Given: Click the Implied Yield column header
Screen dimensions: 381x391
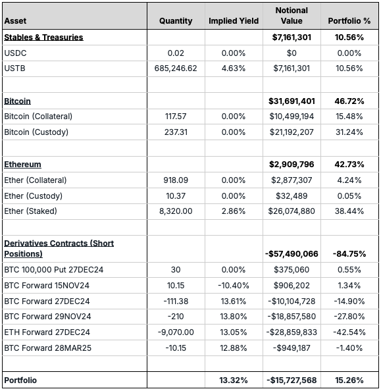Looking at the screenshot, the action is click(234, 21).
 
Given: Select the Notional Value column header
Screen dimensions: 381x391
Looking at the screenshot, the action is click(292, 15).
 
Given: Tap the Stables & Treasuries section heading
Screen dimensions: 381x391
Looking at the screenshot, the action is click(43, 38).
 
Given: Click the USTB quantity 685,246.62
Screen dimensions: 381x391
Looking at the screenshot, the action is click(176, 68).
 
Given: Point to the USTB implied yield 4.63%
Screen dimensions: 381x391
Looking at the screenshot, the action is click(234, 68).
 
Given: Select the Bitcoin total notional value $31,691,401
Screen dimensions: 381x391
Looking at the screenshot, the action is click(292, 101).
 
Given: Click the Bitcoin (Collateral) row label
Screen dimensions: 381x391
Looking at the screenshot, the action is click(38, 117).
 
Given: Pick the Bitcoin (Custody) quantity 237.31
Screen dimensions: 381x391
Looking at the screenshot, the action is click(176, 132).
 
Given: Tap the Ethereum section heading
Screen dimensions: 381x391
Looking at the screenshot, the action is click(22, 165).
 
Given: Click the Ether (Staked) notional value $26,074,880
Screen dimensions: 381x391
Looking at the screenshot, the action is click(292, 211).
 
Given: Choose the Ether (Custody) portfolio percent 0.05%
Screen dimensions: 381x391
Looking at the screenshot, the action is click(349, 196).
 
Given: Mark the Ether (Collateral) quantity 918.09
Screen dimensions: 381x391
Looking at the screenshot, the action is click(176, 180).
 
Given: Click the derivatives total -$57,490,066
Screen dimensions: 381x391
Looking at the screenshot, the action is click(292, 254).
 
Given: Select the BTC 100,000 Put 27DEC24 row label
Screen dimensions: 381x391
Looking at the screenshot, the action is click(53, 270).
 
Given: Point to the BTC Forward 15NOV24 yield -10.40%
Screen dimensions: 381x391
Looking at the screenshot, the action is click(234, 286).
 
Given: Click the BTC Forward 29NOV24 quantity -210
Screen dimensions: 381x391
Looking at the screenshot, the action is click(176, 317).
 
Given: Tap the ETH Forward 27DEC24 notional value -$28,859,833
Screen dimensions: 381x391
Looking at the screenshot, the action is click(292, 332).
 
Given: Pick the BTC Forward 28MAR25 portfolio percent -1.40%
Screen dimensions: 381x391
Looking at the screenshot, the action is click(349, 348).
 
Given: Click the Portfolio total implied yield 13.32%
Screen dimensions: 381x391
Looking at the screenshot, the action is click(234, 380).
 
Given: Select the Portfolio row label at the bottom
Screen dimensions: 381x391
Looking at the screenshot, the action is click(20, 380).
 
